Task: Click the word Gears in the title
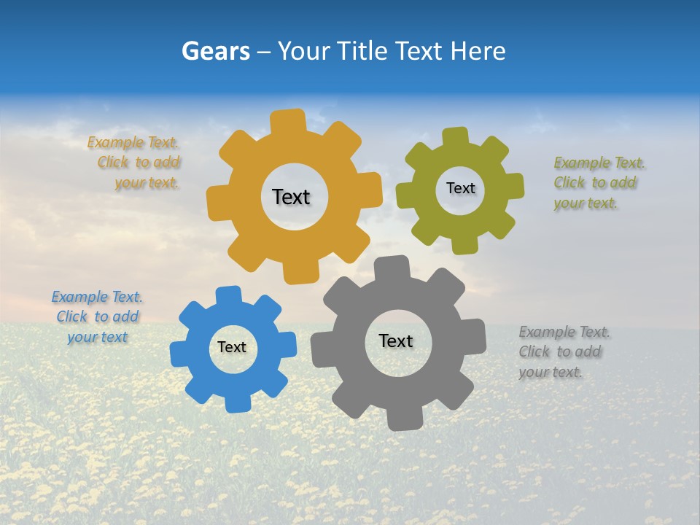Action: pos(215,51)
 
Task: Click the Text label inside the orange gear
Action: pos(291,197)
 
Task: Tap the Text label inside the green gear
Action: pos(460,188)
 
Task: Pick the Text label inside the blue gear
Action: pos(232,348)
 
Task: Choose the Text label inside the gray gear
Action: pos(396,341)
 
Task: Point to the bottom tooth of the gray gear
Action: pos(403,419)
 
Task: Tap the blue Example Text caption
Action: pos(97,316)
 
